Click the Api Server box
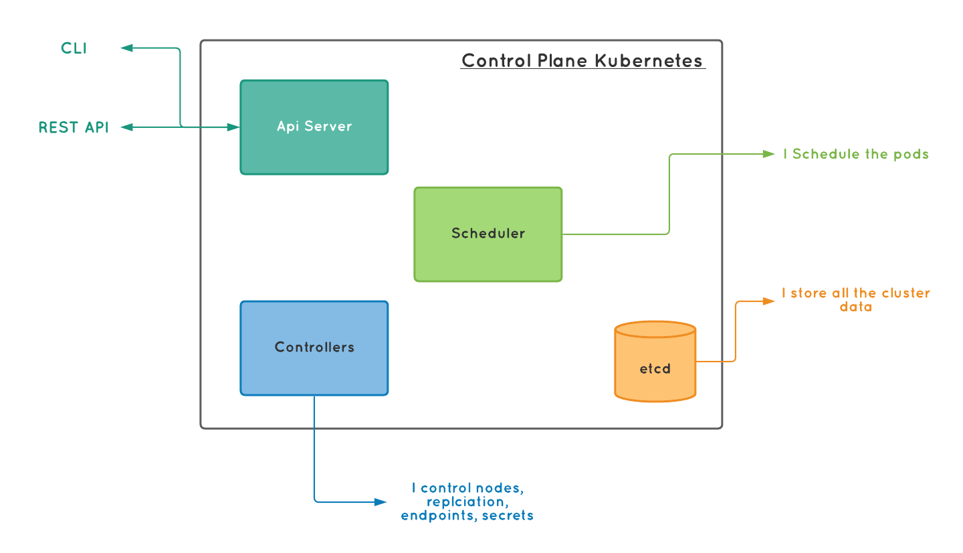(314, 127)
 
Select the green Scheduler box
(488, 234)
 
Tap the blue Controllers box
(314, 347)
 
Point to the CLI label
(74, 48)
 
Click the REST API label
(74, 127)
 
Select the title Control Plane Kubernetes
(582, 61)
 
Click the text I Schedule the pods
(857, 154)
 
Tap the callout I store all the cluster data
(856, 300)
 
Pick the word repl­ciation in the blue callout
(465, 501)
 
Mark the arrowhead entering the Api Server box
(233, 127)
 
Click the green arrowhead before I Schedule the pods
(769, 154)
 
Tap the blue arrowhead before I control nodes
(381, 501)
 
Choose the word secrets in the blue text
(508, 516)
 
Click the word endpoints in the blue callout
(438, 516)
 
